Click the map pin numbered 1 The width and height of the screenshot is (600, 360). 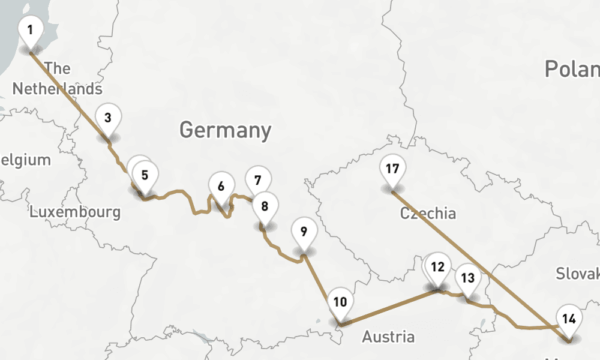point(31,30)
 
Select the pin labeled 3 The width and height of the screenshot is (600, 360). point(107,118)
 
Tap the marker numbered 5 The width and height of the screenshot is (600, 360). point(145,176)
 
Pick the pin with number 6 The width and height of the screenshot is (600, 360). point(221,187)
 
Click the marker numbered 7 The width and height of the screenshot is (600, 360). point(258,180)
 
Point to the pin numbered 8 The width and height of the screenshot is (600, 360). point(265,206)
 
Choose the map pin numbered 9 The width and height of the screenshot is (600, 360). point(304,232)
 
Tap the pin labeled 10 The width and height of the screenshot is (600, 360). point(340,302)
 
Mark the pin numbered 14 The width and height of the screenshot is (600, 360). point(569,319)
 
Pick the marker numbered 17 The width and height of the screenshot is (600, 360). point(392,169)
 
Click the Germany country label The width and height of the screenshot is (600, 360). point(225,130)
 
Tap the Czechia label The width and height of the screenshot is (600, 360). point(428,213)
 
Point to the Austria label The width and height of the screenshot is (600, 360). point(388,337)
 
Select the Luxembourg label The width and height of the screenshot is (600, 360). point(75,212)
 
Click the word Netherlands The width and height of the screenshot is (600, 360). point(58,89)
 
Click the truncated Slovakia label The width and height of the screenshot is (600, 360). point(577,274)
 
